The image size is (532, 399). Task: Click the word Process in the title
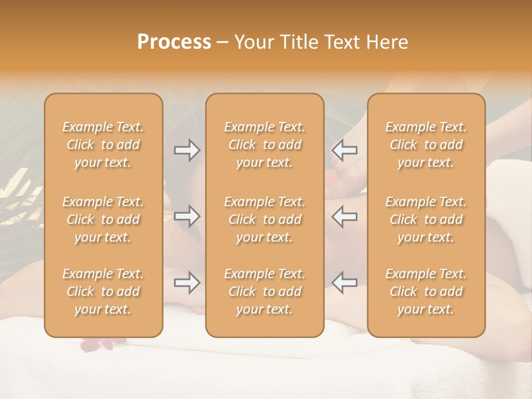tap(174, 42)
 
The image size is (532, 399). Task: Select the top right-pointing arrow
tap(187, 150)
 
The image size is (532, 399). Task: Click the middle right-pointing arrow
tap(187, 217)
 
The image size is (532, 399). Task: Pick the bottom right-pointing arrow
tap(187, 283)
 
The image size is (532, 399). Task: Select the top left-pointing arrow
tap(345, 150)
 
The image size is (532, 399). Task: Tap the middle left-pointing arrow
tap(345, 217)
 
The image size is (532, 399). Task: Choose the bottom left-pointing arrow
tap(345, 283)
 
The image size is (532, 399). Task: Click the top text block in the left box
tap(103, 145)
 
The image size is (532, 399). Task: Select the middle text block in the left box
tap(103, 219)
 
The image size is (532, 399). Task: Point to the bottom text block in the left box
tap(103, 291)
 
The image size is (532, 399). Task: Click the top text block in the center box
tap(265, 145)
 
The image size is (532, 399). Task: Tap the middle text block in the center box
tap(265, 219)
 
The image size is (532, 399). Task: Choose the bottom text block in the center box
tap(265, 291)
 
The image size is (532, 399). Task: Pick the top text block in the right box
tap(426, 145)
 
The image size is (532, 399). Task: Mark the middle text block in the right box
tap(426, 219)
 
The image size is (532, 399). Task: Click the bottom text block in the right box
tap(426, 291)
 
